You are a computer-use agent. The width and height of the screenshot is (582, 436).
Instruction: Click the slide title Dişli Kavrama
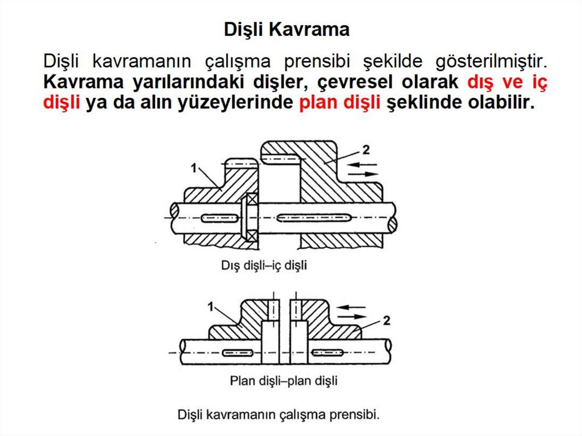286,29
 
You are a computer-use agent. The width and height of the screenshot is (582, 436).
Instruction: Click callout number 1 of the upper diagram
194,168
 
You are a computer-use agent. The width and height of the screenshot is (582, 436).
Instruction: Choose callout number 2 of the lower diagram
386,320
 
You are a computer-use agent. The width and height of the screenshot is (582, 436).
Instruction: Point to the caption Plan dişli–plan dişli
284,380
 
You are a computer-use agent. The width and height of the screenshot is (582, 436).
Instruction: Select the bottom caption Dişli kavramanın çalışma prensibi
278,414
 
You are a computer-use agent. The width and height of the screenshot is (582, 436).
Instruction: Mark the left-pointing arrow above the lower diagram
352,308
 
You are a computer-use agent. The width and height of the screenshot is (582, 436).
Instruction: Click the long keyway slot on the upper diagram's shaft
314,217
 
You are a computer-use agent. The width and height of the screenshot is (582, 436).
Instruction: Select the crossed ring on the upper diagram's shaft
248,217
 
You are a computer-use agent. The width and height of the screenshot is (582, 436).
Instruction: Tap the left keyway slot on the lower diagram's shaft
238,352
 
